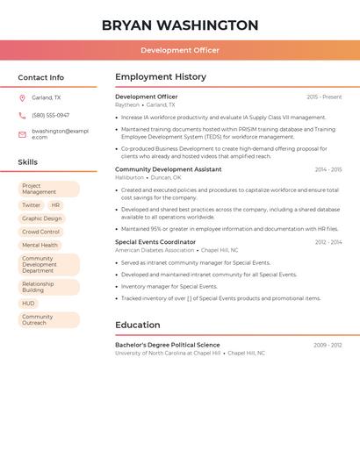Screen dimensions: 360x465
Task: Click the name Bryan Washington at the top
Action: tap(180, 25)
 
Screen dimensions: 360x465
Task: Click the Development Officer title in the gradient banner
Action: tap(180, 50)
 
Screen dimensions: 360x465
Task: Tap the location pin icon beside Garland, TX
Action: tap(22, 97)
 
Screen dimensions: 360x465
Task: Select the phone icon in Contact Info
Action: tap(22, 115)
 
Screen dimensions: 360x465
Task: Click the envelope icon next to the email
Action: tap(22, 134)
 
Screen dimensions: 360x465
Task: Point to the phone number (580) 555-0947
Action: tap(50, 115)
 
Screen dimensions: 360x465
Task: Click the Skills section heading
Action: tap(28, 162)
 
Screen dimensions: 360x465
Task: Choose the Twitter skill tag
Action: tap(32, 205)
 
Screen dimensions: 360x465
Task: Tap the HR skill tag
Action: tap(55, 205)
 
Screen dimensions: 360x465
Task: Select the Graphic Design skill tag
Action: tap(42, 218)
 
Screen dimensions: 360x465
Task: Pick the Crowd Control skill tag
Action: tap(40, 232)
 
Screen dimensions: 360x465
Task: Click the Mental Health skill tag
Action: tap(40, 245)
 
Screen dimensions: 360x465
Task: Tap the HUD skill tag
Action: tap(29, 304)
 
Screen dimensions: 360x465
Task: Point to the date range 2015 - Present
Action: tap(324, 97)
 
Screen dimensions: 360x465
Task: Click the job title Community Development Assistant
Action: tap(168, 169)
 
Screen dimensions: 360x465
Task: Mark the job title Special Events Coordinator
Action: tap(155, 241)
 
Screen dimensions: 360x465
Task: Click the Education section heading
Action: tap(138, 325)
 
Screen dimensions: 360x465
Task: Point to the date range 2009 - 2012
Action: tap(328, 345)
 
